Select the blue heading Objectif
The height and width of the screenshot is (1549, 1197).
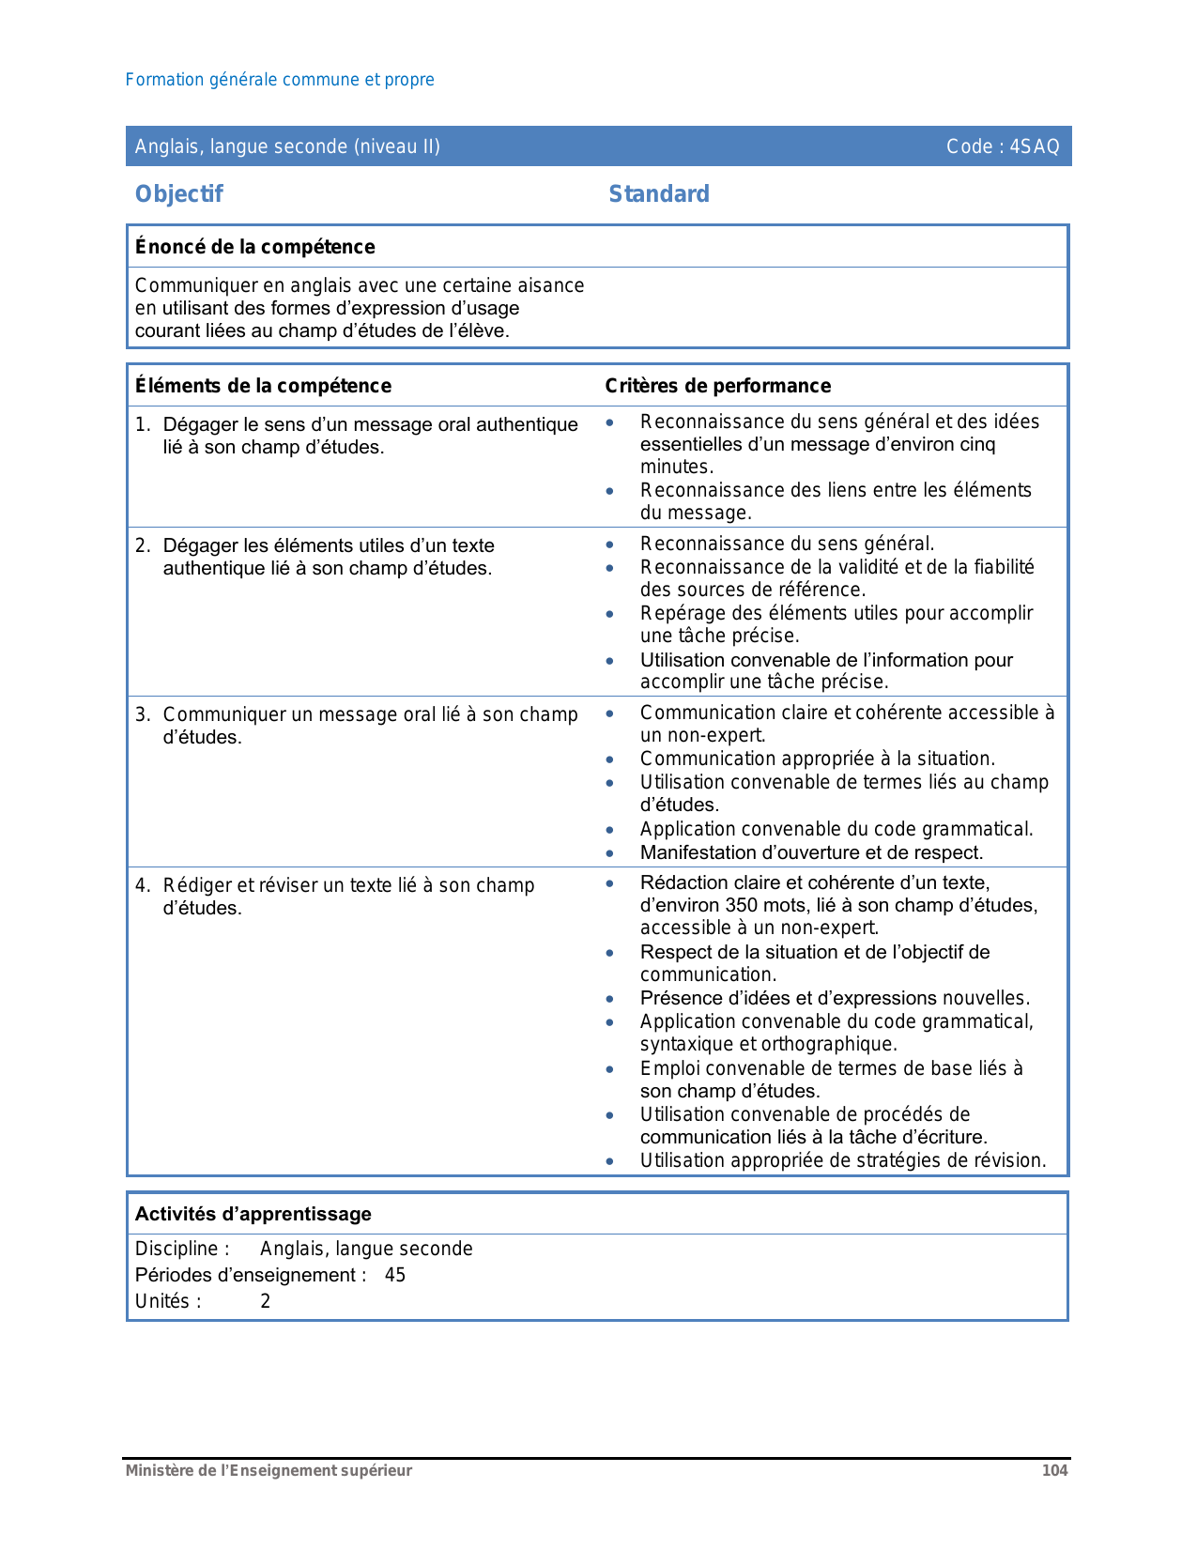pyautogui.click(x=179, y=194)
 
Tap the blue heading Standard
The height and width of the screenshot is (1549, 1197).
pyautogui.click(x=659, y=194)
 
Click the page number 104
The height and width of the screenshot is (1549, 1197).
pyautogui.click(x=1054, y=1470)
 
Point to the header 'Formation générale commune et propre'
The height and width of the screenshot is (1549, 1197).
pyautogui.click(x=280, y=80)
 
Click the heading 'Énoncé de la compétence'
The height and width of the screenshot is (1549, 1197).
pyautogui.click(x=255, y=247)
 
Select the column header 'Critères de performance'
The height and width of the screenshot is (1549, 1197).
pyautogui.click(x=718, y=386)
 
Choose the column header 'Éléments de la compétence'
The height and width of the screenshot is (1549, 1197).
pyautogui.click(x=263, y=386)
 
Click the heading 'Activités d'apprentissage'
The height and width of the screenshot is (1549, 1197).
pyautogui.click(x=253, y=1214)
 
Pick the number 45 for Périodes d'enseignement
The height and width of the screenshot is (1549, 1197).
pyautogui.click(x=395, y=1275)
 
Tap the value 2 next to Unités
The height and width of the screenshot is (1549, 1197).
pyautogui.click(x=266, y=1301)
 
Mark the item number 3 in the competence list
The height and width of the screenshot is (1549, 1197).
pyautogui.click(x=142, y=714)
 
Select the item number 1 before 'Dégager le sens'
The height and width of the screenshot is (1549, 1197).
pyautogui.click(x=142, y=424)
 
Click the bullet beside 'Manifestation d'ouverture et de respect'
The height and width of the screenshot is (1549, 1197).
pyautogui.click(x=610, y=853)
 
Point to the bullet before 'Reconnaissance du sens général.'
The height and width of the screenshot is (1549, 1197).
pyautogui.click(x=610, y=544)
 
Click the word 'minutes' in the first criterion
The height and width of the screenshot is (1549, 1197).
pyautogui.click(x=675, y=467)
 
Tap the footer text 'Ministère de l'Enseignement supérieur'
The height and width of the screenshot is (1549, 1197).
pyautogui.click(x=269, y=1470)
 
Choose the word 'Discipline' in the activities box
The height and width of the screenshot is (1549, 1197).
pyautogui.click(x=177, y=1249)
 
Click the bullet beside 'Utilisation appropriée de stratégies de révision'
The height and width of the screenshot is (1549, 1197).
pyautogui.click(x=610, y=1161)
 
